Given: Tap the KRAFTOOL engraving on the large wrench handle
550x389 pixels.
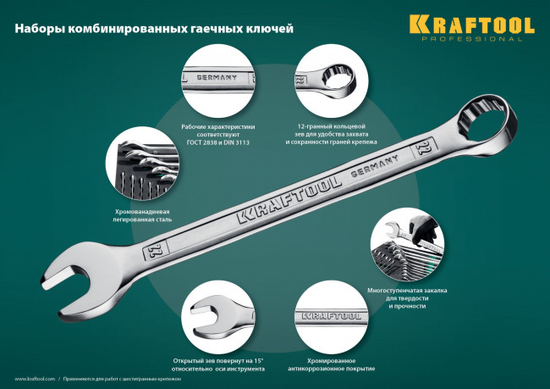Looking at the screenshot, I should (x=288, y=200).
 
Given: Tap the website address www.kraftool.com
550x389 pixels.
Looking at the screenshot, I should (x=35, y=379).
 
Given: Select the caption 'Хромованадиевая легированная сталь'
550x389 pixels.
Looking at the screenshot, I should (x=142, y=215).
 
